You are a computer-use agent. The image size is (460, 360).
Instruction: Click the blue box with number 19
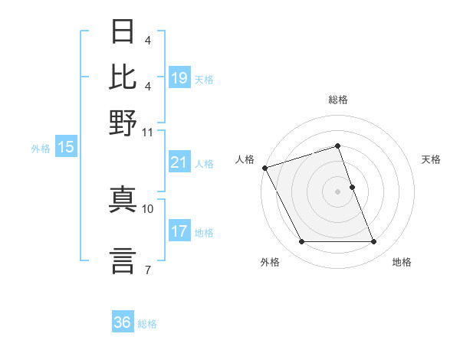[179, 78]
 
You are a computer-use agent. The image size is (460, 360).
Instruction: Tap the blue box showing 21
[179, 162]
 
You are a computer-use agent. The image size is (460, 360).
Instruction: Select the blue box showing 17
[179, 231]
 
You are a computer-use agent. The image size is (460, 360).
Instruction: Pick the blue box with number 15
[66, 148]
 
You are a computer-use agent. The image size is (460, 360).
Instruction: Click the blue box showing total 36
[123, 322]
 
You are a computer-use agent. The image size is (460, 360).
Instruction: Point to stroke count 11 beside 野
[148, 132]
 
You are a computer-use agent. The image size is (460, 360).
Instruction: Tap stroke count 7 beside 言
[148, 269]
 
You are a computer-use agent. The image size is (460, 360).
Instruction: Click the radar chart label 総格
[338, 100]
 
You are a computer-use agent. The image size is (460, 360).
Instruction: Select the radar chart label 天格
[431, 159]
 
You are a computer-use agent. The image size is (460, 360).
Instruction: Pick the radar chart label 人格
[245, 159]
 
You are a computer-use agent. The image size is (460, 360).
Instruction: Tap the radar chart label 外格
[270, 263]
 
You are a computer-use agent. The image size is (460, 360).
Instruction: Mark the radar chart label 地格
[402, 263]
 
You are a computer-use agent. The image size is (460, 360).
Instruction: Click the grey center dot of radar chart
[338, 191]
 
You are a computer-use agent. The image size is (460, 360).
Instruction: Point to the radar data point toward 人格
[265, 168]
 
